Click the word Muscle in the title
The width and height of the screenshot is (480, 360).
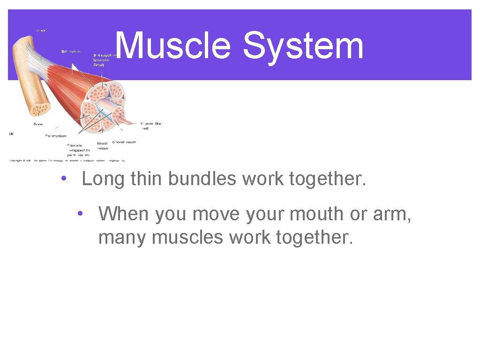click(172, 46)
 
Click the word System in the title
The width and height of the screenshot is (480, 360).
click(303, 46)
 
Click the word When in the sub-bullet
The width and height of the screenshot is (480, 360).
click(124, 214)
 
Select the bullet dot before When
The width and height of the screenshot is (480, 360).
click(81, 214)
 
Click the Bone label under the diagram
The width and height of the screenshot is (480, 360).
click(38, 124)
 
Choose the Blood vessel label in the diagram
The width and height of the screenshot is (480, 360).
click(102, 146)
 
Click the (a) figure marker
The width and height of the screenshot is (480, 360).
click(11, 134)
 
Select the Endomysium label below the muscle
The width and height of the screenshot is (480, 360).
click(124, 142)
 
